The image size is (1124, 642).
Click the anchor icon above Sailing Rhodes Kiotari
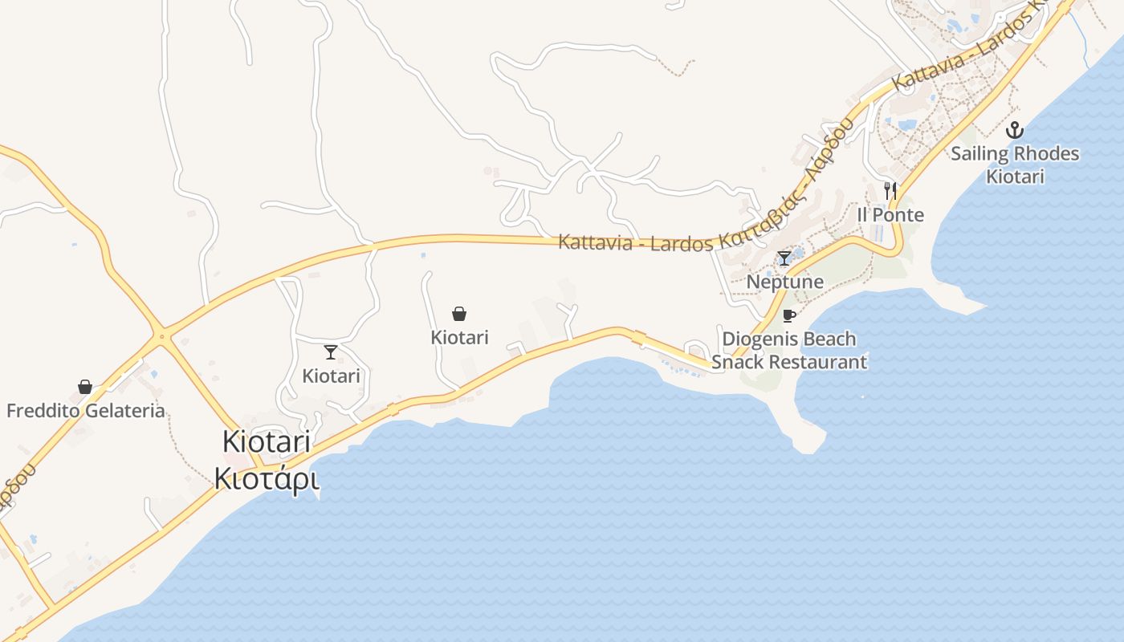(x=1015, y=129)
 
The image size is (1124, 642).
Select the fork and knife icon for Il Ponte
(x=890, y=190)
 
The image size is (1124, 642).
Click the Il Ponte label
(x=890, y=215)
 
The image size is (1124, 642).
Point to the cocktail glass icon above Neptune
(x=784, y=258)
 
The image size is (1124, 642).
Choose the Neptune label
(x=784, y=282)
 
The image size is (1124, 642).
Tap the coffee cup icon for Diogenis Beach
(x=788, y=315)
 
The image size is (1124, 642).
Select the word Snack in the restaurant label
(x=737, y=362)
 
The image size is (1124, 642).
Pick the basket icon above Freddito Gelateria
(x=85, y=387)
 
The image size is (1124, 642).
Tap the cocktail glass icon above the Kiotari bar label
(x=330, y=351)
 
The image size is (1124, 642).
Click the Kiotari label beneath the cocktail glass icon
(x=331, y=376)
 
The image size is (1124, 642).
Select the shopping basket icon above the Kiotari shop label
(x=459, y=313)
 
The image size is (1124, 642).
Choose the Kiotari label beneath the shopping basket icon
(x=459, y=337)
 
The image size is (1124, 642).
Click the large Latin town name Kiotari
(x=266, y=442)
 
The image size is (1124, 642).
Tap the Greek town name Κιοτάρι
(x=266, y=478)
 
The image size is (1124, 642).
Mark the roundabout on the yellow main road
(x=162, y=337)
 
